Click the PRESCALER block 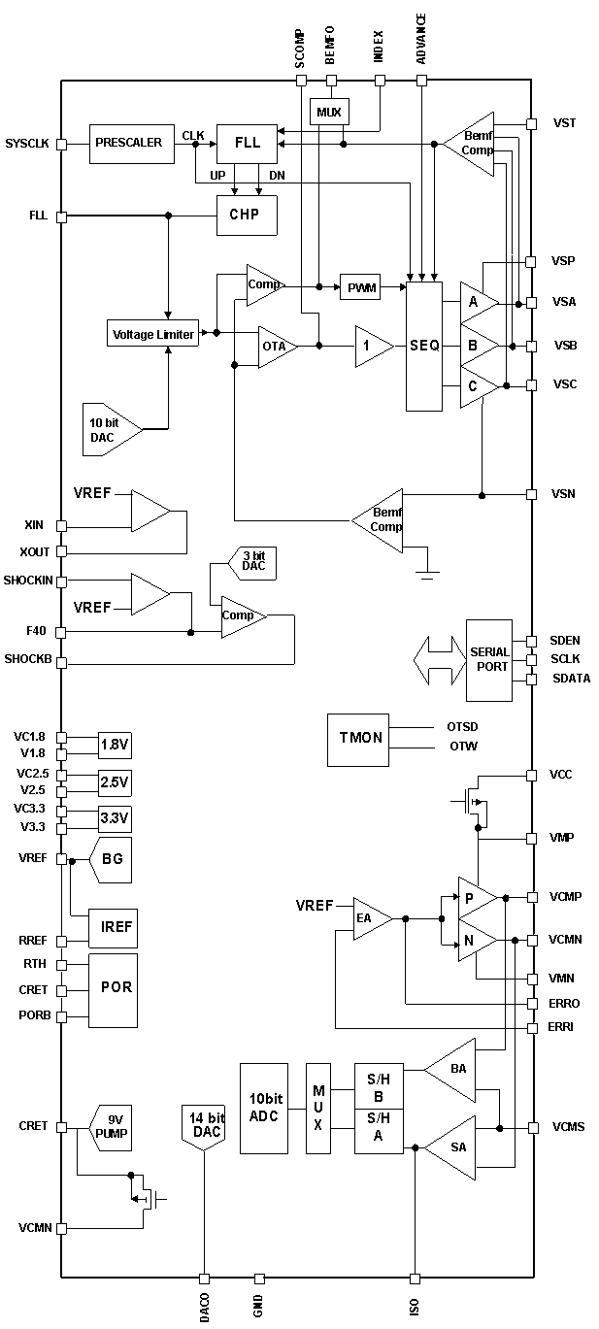(132, 144)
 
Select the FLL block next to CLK (247, 144)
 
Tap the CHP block (247, 216)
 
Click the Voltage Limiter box (152, 334)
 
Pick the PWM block (360, 287)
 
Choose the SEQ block (424, 347)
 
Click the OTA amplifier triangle (277, 347)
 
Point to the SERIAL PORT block (488, 660)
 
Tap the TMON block (358, 740)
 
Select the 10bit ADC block (264, 1109)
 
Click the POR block (114, 991)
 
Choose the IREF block (114, 928)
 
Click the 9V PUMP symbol (111, 1128)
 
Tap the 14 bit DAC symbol (204, 1127)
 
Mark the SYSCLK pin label (26, 144)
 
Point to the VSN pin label (563, 493)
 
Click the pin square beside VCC (531, 775)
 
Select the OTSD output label (462, 727)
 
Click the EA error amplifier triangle (373, 918)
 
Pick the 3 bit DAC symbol (252, 562)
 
